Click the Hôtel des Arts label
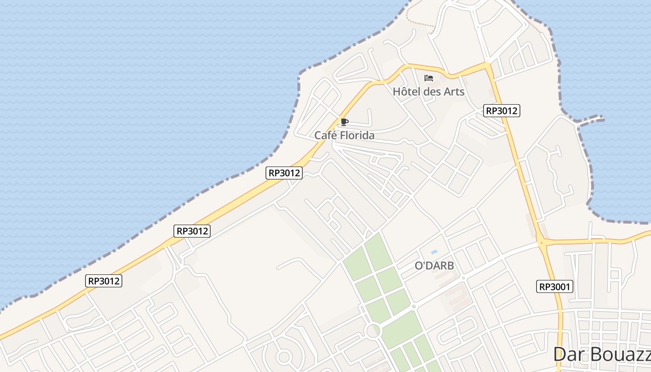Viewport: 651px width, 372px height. click(428, 92)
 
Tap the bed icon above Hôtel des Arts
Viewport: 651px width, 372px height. click(429, 78)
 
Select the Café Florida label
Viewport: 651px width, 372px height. click(344, 135)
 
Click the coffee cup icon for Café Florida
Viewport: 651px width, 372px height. click(344, 122)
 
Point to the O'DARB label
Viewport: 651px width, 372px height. click(434, 266)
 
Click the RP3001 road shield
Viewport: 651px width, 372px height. click(554, 286)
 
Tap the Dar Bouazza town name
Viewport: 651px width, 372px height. click(602, 355)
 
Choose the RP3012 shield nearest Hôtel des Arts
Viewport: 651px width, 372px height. click(501, 111)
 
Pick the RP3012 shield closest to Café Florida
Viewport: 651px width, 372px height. click(285, 173)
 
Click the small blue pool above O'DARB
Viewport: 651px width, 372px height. click(434, 252)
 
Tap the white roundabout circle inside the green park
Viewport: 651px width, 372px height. click(372, 331)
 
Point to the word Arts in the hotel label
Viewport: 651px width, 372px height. click(454, 92)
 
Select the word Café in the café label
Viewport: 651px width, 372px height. click(325, 135)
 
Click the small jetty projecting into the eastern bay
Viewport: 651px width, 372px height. click(591, 120)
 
